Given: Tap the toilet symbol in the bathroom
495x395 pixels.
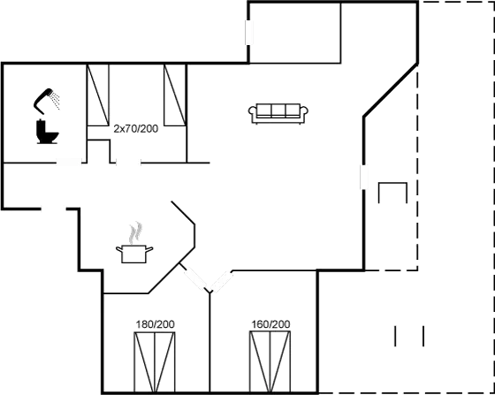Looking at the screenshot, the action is [48, 132].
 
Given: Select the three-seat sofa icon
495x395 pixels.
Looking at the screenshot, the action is [278, 113].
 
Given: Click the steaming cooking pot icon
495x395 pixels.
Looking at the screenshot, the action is [134, 254].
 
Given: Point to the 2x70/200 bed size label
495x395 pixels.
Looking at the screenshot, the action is [136, 129].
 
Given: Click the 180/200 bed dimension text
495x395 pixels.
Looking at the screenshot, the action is [155, 324].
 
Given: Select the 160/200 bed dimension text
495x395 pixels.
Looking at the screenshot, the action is [270, 324].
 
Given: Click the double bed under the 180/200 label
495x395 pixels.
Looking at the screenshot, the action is [155, 362].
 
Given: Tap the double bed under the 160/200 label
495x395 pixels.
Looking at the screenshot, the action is [270, 361].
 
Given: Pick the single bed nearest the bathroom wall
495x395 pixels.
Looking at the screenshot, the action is [98, 95].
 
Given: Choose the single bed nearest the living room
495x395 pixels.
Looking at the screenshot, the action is [175, 95].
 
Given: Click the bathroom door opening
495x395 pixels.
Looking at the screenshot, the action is [69, 163].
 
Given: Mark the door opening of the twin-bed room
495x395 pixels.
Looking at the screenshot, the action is [128, 163].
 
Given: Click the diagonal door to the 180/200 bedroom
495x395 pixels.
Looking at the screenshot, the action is [195, 278].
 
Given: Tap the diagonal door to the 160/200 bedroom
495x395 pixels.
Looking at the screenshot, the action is [222, 281].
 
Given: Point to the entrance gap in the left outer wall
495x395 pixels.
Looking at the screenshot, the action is [53, 209].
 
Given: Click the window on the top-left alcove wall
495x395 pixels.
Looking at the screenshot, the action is [249, 33].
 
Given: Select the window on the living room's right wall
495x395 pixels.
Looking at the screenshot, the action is [364, 177].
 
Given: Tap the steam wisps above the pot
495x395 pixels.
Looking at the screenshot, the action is [136, 232].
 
